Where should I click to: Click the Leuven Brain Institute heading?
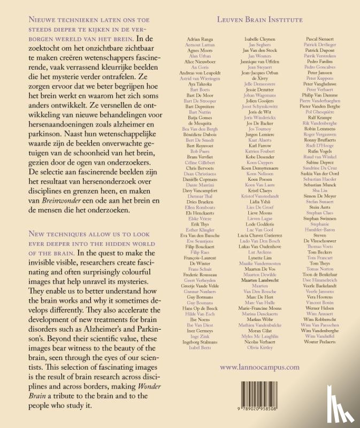click(x=260, y=20)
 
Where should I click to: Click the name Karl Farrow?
click(x=260, y=145)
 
